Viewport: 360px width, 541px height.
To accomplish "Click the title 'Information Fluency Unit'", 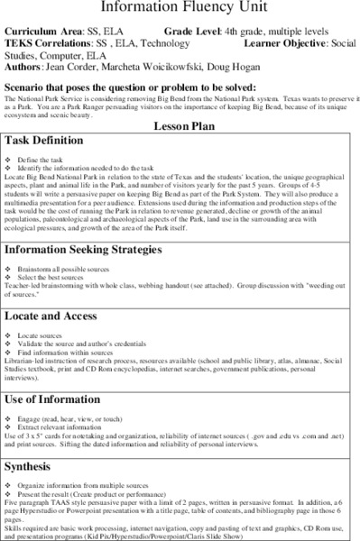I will click(180, 7).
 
